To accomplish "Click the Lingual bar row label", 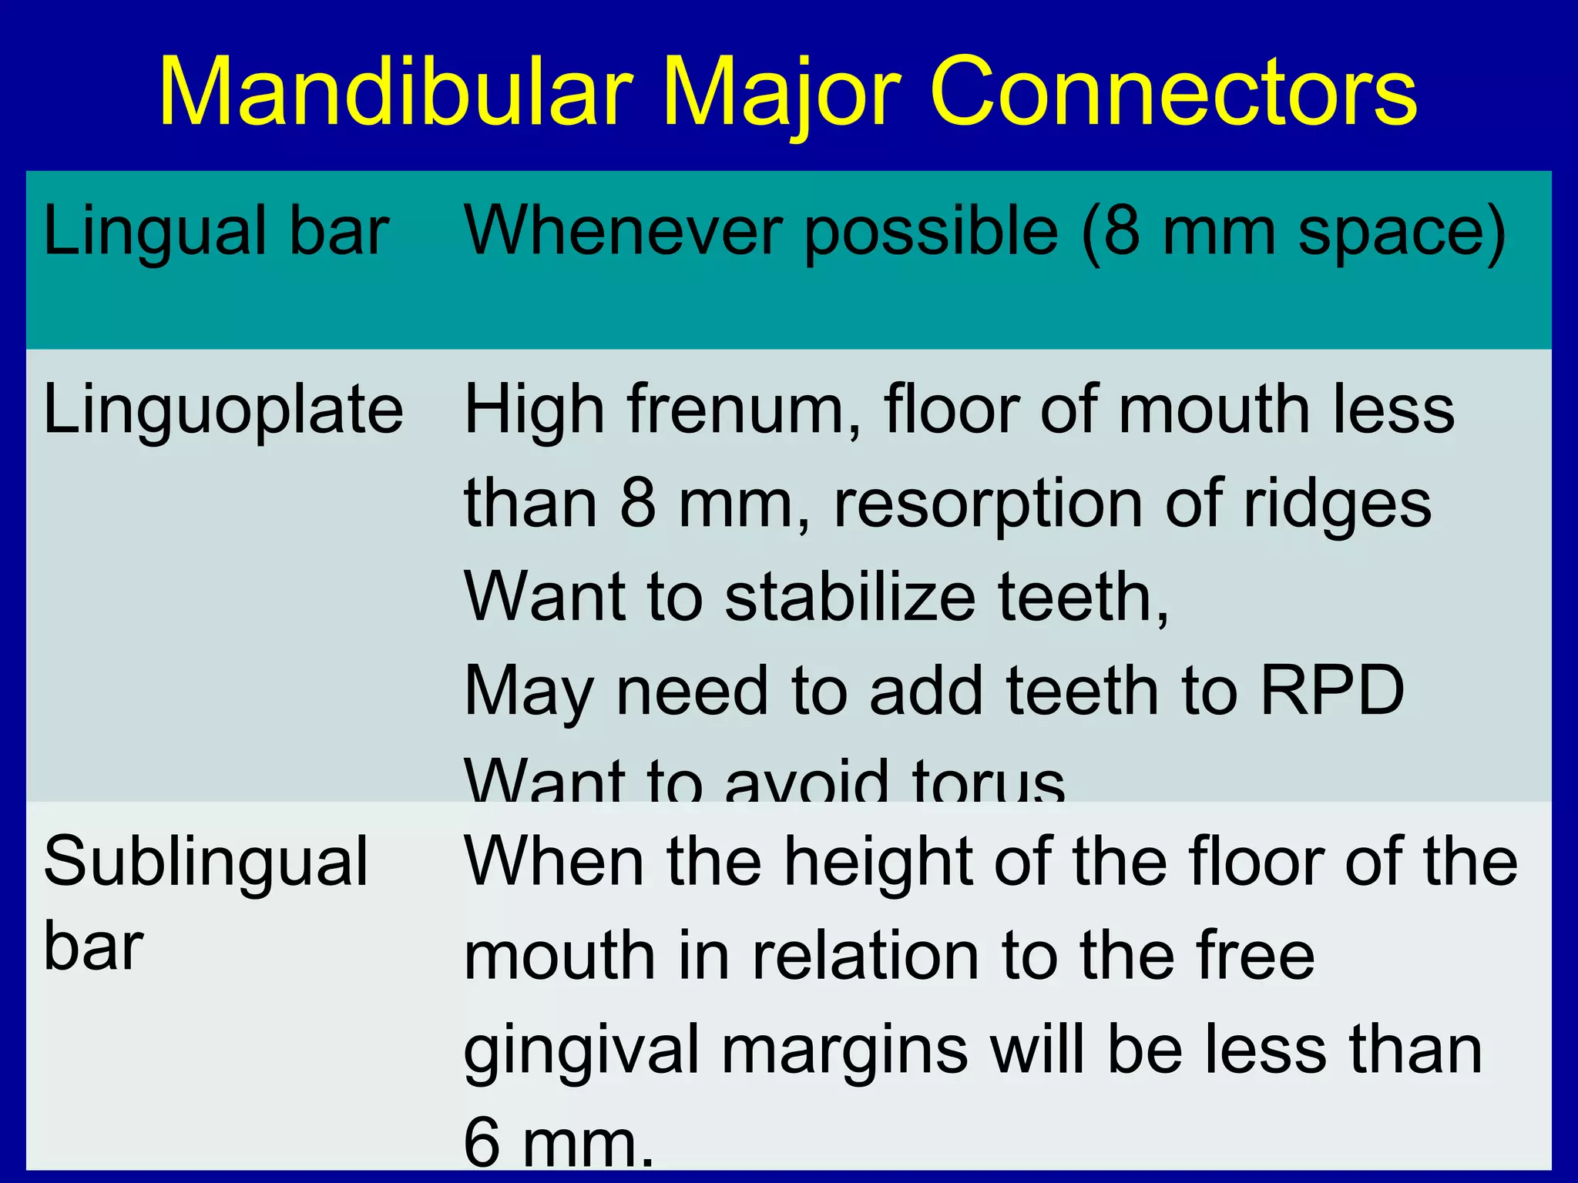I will point(216,231).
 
